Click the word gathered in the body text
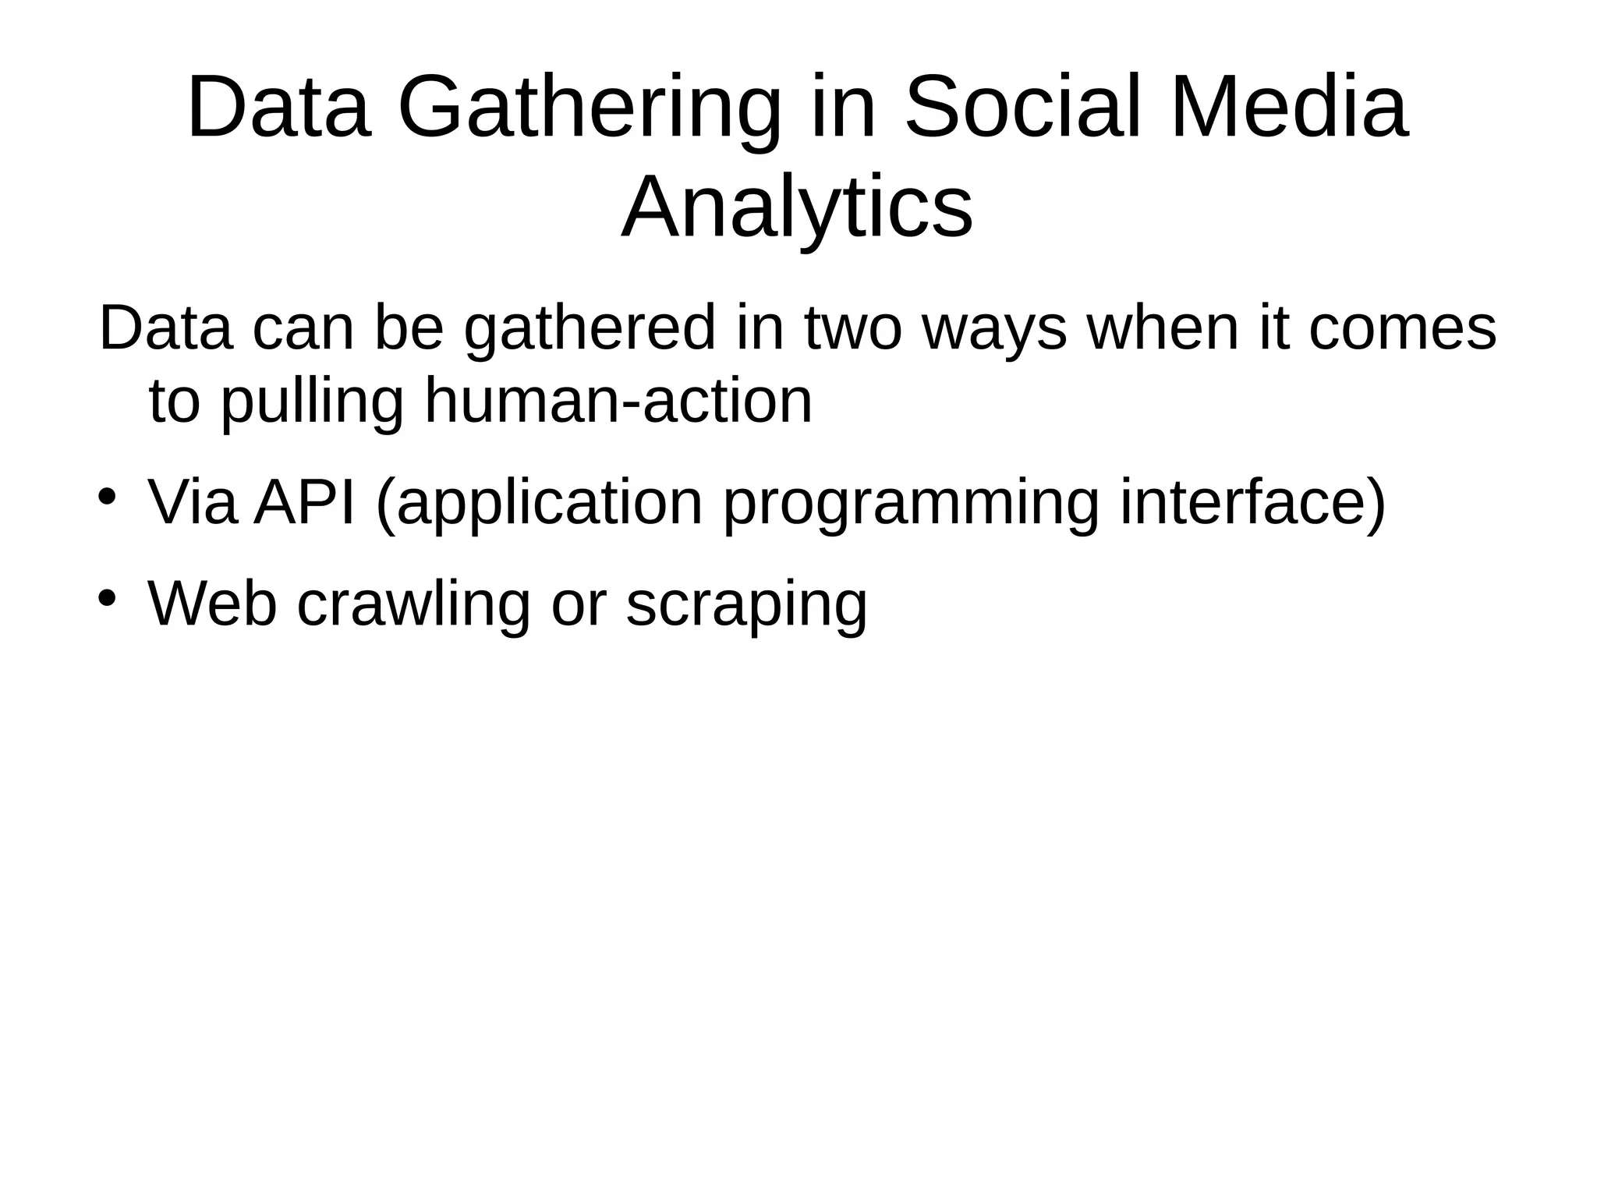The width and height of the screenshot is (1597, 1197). (x=590, y=328)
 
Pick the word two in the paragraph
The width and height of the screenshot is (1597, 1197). (x=852, y=328)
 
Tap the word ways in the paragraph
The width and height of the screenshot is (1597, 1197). (x=994, y=328)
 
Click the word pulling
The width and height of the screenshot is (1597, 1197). (x=312, y=402)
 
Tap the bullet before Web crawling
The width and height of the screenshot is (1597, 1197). (x=107, y=598)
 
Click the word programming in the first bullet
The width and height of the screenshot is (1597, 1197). (x=911, y=503)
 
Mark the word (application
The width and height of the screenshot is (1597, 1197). (x=540, y=503)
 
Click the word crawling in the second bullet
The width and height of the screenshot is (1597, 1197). (x=413, y=604)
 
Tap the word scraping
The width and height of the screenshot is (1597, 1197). (x=746, y=604)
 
